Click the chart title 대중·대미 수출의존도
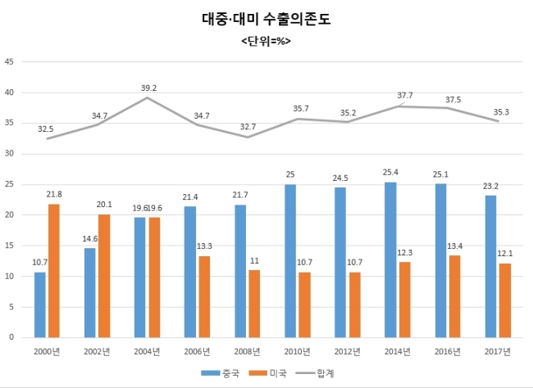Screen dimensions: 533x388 point(266,19)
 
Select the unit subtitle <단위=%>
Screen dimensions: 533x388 point(266,41)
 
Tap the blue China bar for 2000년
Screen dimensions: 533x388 point(40,305)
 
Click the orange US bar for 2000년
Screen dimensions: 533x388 point(54,271)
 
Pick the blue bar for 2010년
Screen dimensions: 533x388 point(290,260)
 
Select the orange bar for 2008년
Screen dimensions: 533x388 point(254,304)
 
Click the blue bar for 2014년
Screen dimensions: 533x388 point(390,259)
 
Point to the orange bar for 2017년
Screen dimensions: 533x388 point(505,300)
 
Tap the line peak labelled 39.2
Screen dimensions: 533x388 point(147,97)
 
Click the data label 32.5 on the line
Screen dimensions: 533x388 point(46,129)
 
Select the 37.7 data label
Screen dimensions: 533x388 point(405,96)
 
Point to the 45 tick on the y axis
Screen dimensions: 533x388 point(9,61)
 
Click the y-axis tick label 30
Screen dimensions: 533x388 point(9,153)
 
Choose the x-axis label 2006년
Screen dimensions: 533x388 point(197,352)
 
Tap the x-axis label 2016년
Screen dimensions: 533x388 point(448,352)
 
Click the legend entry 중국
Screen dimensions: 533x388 point(220,373)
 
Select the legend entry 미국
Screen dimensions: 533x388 point(268,373)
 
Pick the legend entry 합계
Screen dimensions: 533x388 point(315,373)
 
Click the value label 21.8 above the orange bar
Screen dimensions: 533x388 point(54,194)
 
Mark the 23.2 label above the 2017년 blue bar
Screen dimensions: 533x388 point(490,186)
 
